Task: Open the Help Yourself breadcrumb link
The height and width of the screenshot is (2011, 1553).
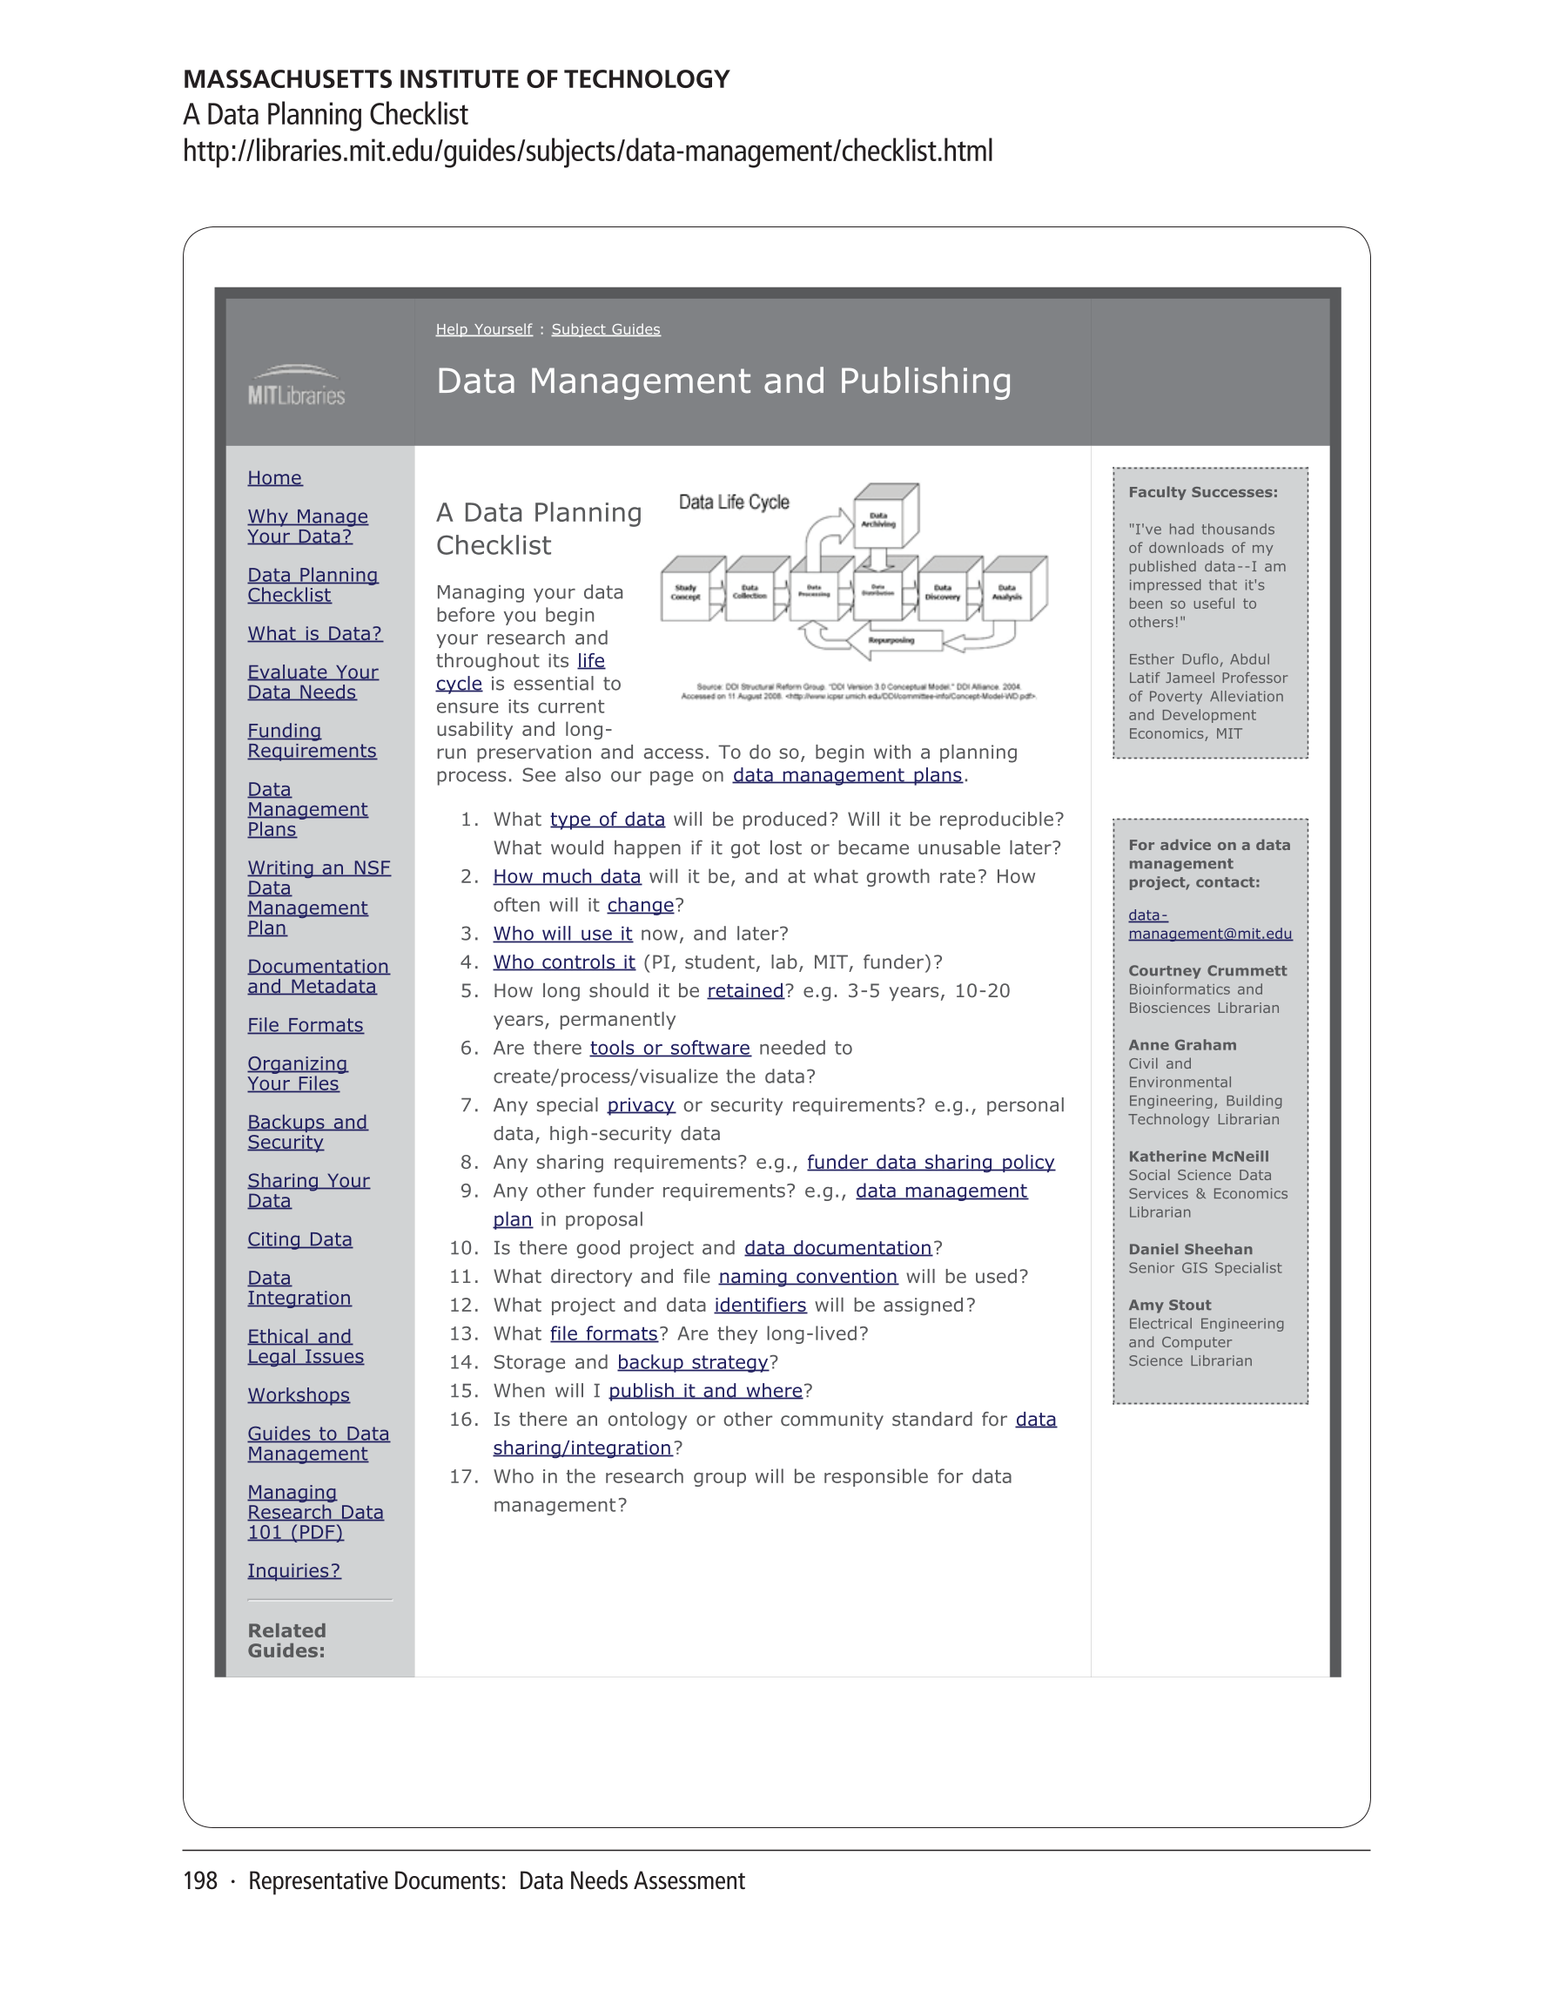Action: (483, 329)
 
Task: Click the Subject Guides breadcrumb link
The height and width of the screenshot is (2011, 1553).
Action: (606, 329)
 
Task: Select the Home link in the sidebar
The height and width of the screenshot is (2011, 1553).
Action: (274, 478)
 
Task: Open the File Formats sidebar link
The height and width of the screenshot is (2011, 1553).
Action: (305, 1025)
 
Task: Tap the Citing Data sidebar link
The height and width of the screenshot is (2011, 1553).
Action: (299, 1239)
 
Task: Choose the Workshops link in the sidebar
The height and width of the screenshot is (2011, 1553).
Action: (299, 1395)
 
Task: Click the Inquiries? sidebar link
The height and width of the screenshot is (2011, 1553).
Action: (293, 1571)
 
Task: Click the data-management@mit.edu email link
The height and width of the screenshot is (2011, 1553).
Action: (1210, 924)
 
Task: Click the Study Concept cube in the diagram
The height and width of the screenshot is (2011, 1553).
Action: (686, 592)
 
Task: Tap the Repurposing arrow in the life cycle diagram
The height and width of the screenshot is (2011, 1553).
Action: (891, 640)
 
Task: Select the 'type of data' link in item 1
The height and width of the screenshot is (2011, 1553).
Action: (607, 820)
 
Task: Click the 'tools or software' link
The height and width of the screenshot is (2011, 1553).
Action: (669, 1048)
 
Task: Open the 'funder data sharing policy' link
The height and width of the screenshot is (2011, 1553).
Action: (930, 1162)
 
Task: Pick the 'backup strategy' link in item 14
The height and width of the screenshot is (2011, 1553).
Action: (692, 1362)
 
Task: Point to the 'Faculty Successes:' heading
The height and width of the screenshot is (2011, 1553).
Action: (1202, 493)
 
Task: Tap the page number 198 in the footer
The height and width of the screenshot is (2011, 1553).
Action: (199, 1881)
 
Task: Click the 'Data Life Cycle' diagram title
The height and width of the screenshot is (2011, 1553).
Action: (734, 503)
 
